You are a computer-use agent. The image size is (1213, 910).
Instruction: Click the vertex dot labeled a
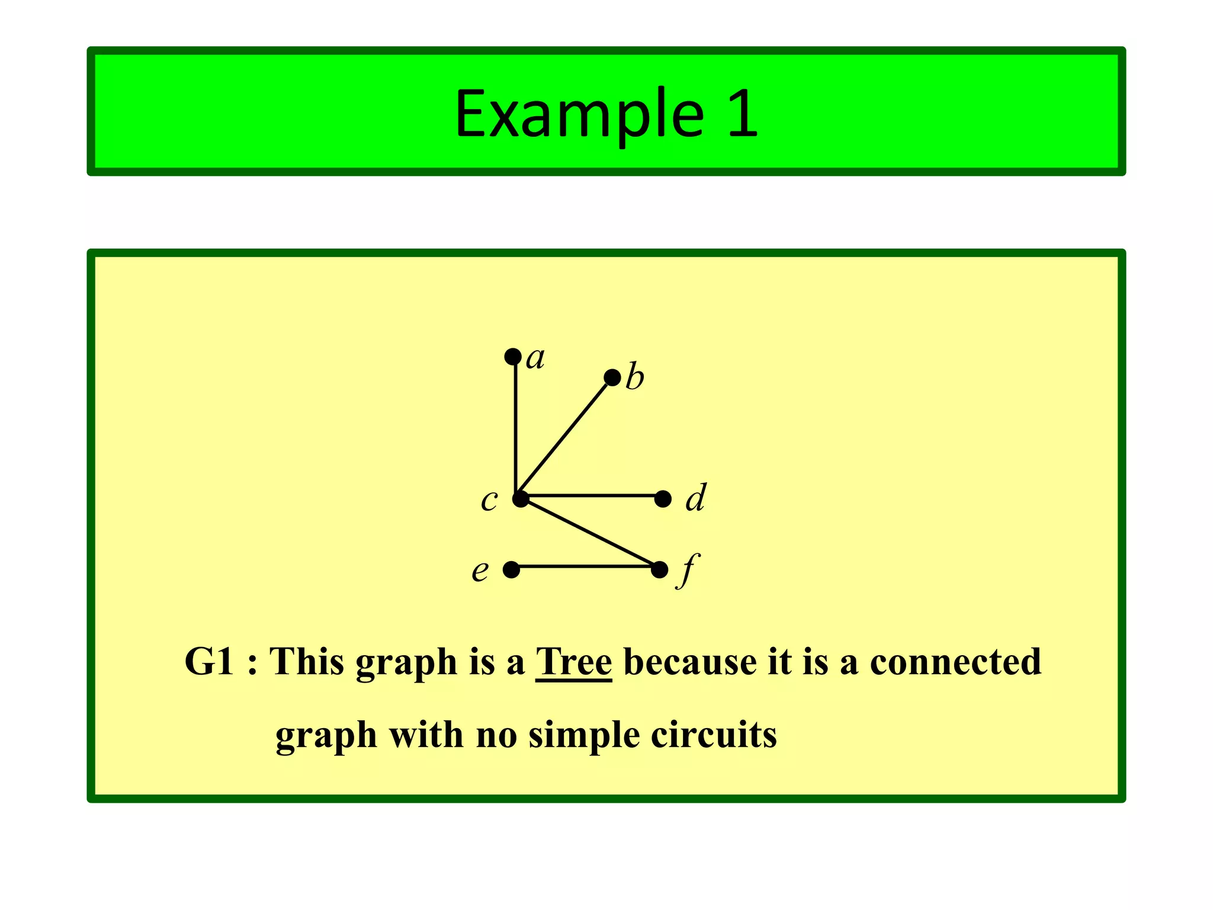[x=513, y=357]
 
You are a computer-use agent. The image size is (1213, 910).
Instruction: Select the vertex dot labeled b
[x=612, y=377]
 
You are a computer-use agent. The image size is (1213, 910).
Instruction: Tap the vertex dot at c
[x=521, y=499]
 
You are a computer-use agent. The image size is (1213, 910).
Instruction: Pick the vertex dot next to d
[x=663, y=499]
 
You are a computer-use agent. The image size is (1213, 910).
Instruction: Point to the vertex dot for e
[x=511, y=570]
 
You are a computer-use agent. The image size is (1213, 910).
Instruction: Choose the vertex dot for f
[x=659, y=570]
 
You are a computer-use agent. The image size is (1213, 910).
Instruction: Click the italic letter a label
[x=535, y=358]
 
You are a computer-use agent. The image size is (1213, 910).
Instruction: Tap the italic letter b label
[x=635, y=377]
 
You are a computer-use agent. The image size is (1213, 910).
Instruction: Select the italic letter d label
[x=696, y=498]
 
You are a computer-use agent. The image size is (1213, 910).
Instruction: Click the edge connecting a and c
[x=516, y=427]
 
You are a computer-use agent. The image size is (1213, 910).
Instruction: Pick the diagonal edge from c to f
[x=590, y=533]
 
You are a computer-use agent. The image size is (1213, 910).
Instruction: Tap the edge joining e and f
[x=585, y=567]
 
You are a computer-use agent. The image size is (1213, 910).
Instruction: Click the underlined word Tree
[x=573, y=662]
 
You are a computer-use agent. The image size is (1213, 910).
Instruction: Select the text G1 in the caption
[x=209, y=662]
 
